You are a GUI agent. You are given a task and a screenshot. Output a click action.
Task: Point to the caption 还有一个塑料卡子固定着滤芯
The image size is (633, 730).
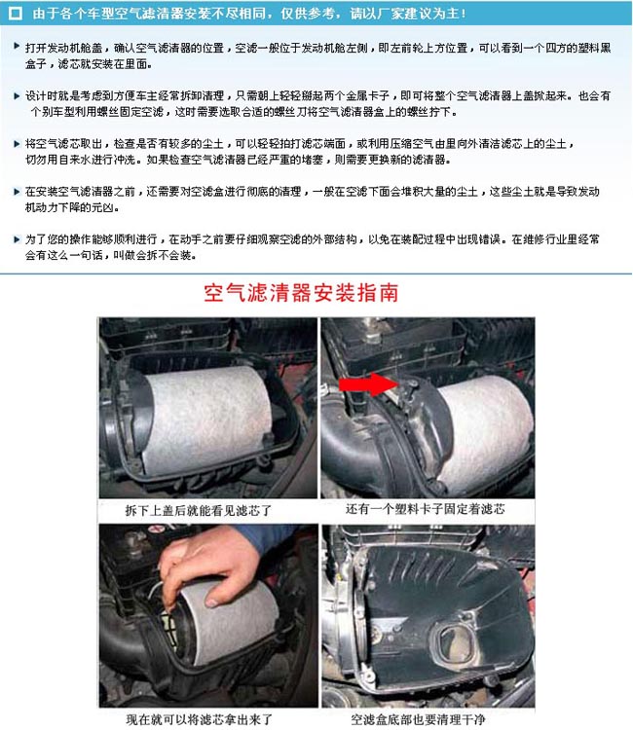pyautogui.click(x=426, y=509)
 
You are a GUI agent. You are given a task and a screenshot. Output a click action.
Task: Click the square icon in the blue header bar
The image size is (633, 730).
pyautogui.click(x=14, y=14)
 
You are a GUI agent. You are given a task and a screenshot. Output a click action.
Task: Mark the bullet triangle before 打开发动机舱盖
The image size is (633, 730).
pyautogui.click(x=17, y=47)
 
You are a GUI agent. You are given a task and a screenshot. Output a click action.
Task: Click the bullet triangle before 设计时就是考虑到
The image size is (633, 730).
pyautogui.click(x=17, y=96)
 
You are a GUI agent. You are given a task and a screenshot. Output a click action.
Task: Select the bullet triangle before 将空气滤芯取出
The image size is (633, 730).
pyautogui.click(x=17, y=143)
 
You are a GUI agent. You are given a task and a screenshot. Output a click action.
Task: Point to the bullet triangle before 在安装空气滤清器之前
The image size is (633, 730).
pyautogui.click(x=17, y=190)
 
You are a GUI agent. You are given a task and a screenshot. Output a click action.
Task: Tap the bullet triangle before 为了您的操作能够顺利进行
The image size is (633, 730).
pyautogui.click(x=17, y=237)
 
